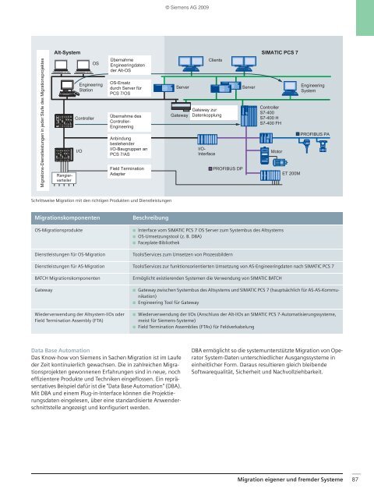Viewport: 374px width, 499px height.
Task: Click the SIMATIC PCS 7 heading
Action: (x=284, y=51)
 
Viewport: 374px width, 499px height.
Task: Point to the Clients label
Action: (x=216, y=60)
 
